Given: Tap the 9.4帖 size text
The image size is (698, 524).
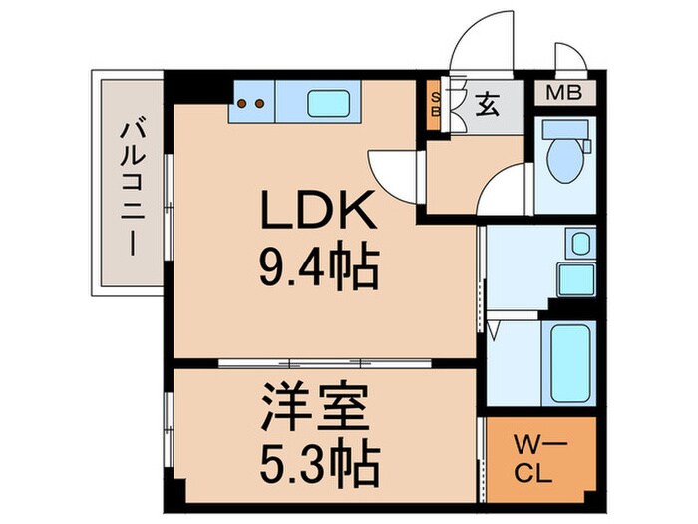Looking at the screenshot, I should click(317, 266).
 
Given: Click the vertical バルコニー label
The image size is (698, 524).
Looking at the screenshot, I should click(130, 190).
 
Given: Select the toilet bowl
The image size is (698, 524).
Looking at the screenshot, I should click(565, 160).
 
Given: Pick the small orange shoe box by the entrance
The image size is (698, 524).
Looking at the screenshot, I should click(435, 104).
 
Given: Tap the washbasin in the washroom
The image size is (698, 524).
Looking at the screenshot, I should click(578, 243).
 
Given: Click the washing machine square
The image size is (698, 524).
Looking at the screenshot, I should click(575, 277).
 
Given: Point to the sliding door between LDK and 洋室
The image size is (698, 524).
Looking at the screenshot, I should click(319, 363).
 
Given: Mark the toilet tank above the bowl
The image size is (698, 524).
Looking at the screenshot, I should click(565, 129).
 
